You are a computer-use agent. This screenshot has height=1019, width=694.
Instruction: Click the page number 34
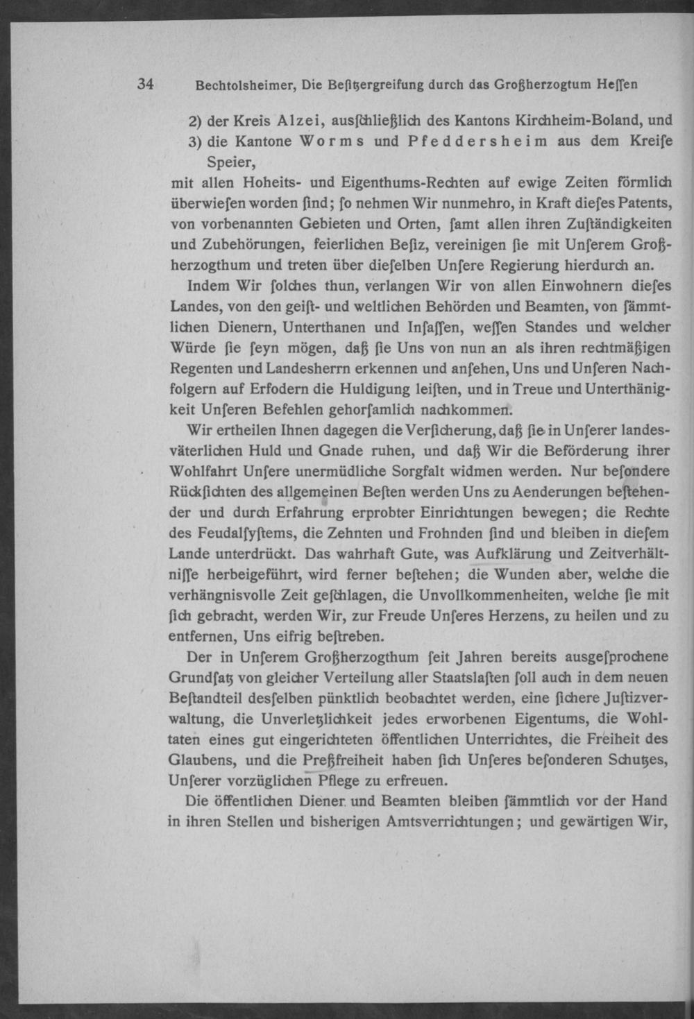(145, 84)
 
